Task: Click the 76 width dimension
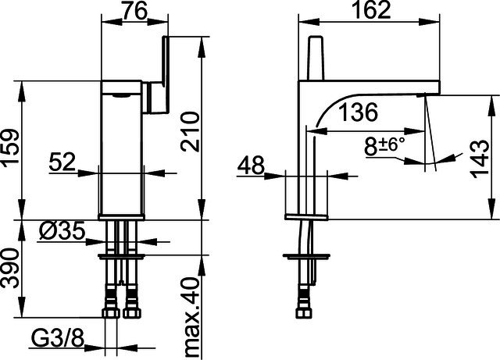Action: coord(134,10)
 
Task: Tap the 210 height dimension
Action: coord(190,131)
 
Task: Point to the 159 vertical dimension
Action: coord(9,146)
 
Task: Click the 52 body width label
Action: coord(62,162)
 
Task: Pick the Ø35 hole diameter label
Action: coord(62,230)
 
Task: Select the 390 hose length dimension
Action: coord(9,269)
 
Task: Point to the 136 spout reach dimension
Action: coord(358,112)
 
